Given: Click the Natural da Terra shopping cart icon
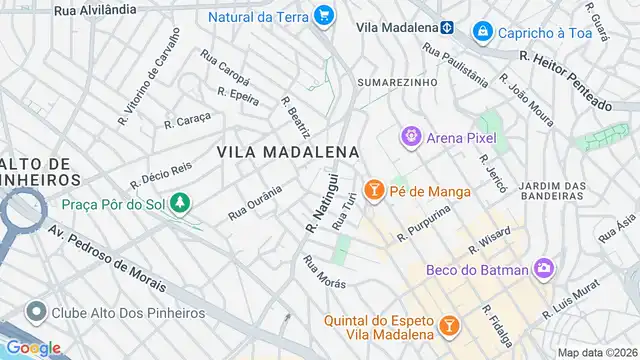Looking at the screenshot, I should (x=323, y=16).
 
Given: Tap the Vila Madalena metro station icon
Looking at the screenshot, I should (x=448, y=27).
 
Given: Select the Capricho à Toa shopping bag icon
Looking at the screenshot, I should (x=483, y=32).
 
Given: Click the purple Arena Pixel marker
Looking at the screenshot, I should (x=409, y=136).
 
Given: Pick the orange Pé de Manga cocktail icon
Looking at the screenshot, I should (x=374, y=189).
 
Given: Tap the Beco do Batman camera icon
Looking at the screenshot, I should (x=543, y=267).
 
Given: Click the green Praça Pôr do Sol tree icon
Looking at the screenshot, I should (x=180, y=204).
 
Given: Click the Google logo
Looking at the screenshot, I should (x=33, y=347).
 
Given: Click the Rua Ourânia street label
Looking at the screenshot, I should (x=255, y=201).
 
